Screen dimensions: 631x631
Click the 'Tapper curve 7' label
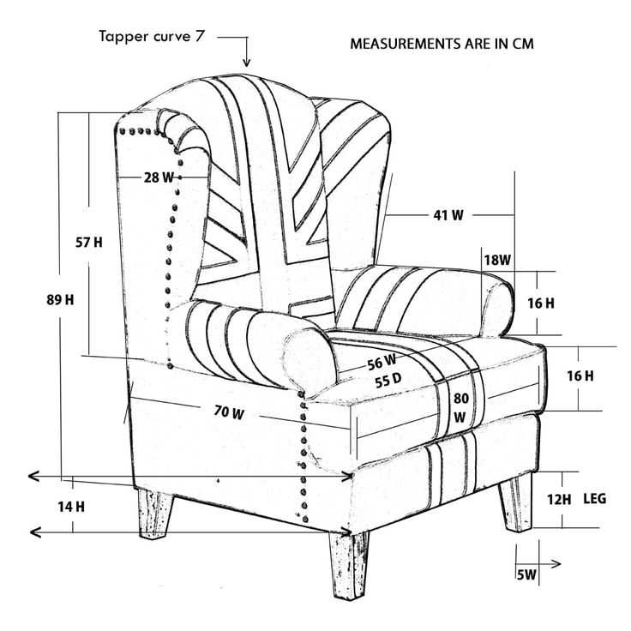point(152,36)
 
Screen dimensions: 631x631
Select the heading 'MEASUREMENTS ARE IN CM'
point(442,44)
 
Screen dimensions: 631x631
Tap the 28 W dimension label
point(159,177)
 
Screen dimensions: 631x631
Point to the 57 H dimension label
point(89,243)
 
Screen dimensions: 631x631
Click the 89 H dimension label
point(60,300)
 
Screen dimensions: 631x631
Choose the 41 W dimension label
point(448,215)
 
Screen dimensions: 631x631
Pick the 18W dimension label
point(497,260)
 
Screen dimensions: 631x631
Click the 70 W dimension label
point(229,412)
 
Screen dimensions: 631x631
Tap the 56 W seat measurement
point(382,362)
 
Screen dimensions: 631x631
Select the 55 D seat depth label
point(388,381)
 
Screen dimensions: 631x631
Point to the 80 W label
point(460,407)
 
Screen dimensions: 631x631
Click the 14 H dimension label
point(71,507)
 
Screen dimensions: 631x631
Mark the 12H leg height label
point(559,500)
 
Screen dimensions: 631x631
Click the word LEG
point(595,499)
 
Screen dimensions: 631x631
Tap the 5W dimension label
point(526,574)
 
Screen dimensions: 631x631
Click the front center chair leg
point(348,565)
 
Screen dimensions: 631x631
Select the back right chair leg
point(516,502)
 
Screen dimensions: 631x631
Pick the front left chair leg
point(156,514)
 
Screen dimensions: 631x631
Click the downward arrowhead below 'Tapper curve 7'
point(247,62)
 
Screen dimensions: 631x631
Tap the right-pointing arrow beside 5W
point(538,564)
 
